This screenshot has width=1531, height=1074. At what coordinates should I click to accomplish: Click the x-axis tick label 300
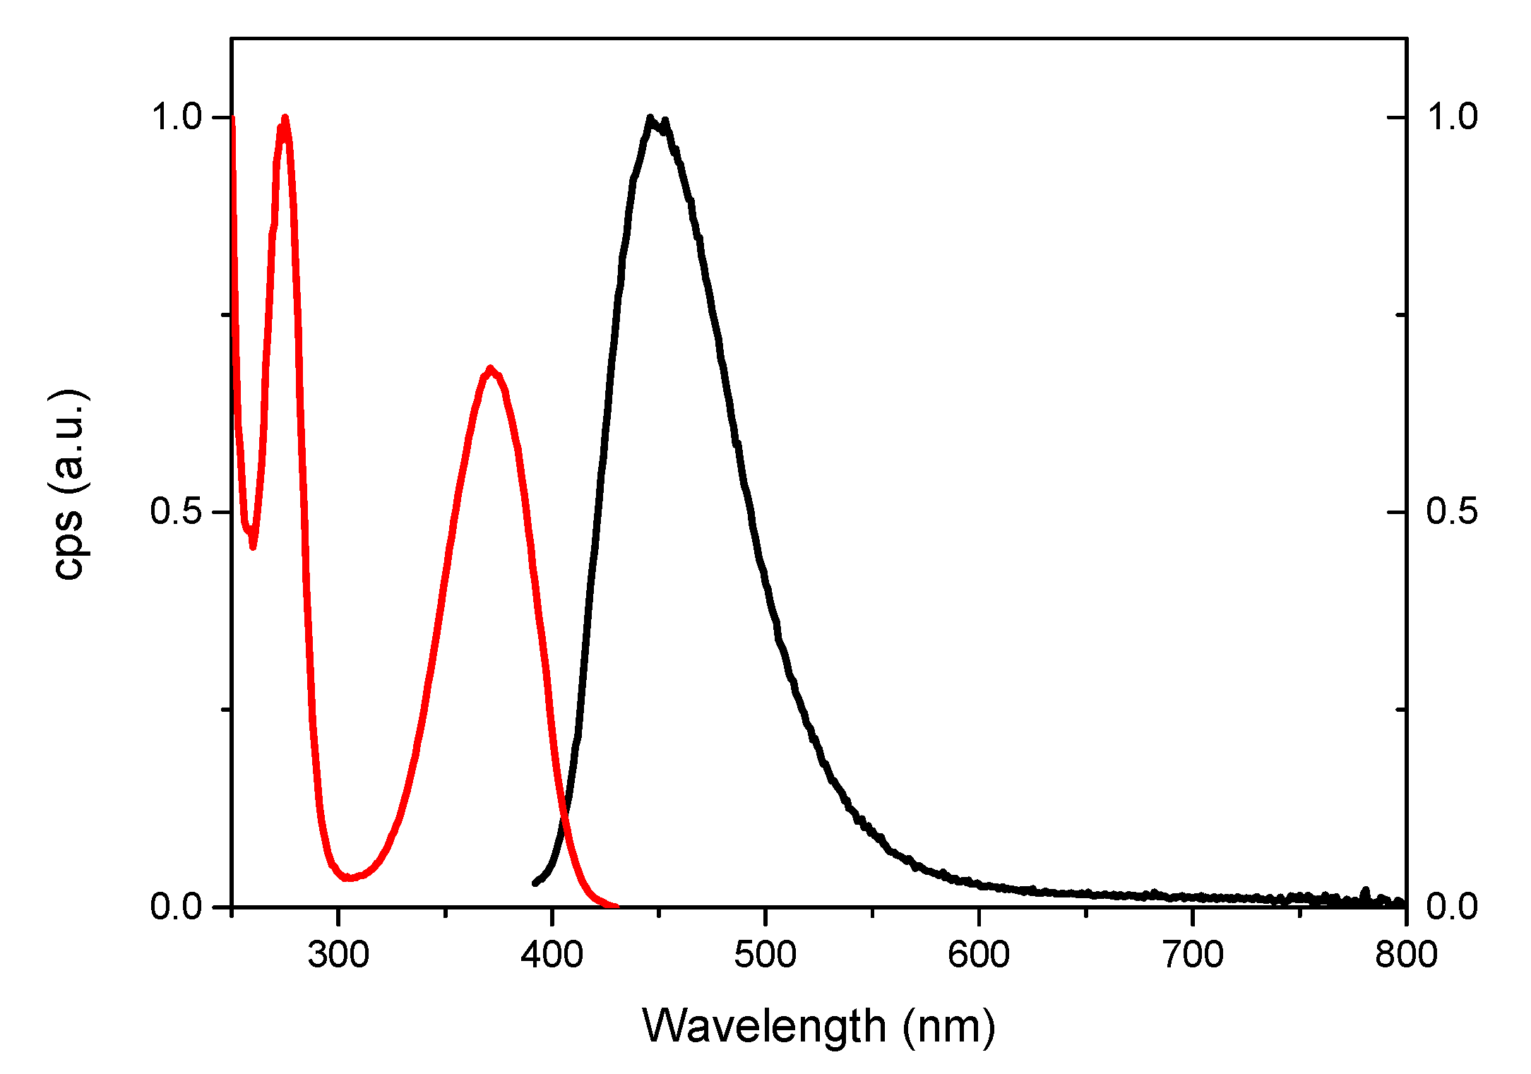point(338,955)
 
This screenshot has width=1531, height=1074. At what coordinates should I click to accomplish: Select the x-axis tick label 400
point(552,955)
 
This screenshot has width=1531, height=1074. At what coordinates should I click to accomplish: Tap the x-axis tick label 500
point(765,955)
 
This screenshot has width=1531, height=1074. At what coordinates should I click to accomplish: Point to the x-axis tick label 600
point(979,955)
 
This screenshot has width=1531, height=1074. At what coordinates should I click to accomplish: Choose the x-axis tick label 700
point(1192,955)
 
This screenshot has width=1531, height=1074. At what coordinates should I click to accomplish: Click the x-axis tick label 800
point(1405,955)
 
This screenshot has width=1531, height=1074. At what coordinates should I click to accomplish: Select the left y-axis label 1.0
point(177,117)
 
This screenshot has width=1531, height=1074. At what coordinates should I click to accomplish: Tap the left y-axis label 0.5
point(177,511)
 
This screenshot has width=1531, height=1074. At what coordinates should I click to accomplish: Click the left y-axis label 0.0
point(177,906)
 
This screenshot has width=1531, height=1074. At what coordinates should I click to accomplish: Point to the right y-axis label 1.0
point(1452,117)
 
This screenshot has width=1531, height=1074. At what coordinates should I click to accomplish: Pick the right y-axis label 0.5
point(1452,511)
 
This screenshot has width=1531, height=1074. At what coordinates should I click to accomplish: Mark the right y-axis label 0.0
point(1452,906)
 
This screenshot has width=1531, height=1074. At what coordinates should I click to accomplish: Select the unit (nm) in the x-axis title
point(948,1027)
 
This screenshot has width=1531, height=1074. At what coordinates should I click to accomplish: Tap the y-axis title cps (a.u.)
point(69,484)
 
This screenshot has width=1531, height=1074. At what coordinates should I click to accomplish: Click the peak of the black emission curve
point(650,118)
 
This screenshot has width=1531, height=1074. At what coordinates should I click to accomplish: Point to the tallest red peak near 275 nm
point(285,118)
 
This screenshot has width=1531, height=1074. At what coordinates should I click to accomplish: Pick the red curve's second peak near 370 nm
point(490,369)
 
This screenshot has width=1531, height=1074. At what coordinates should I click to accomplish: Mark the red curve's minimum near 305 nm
point(348,878)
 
